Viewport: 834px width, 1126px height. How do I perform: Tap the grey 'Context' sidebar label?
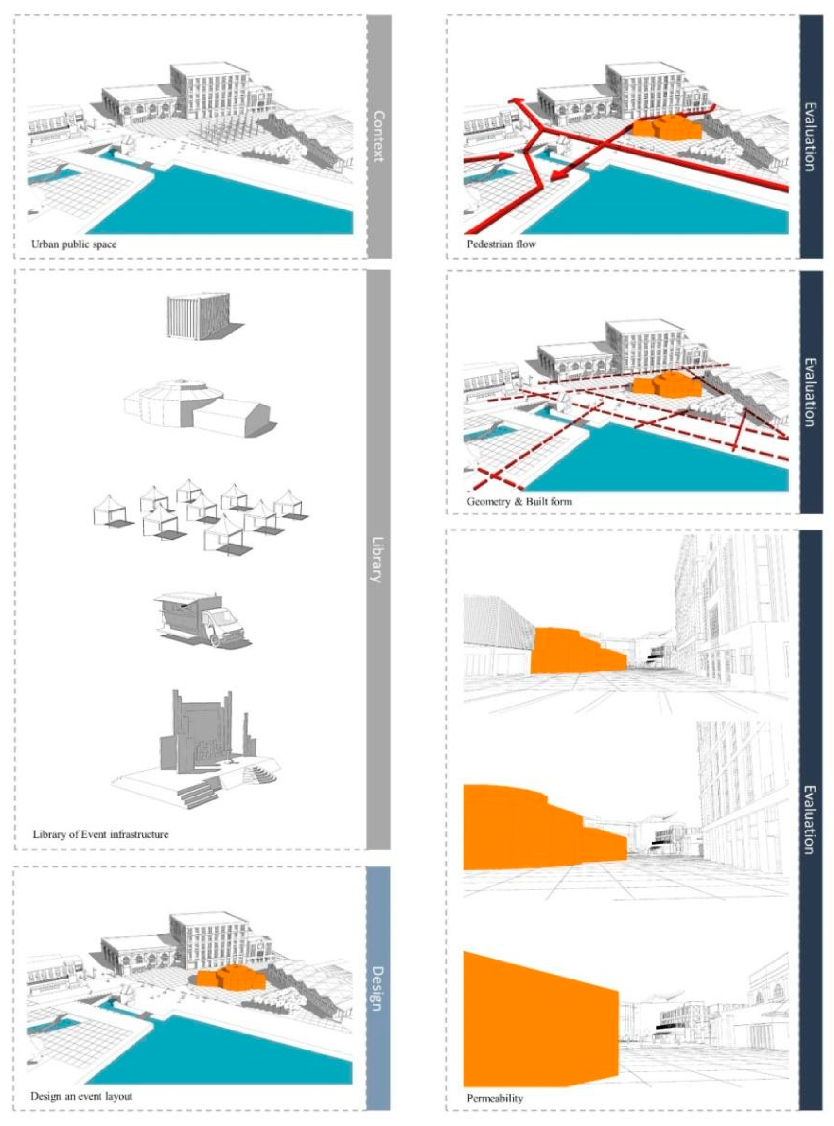[378, 136]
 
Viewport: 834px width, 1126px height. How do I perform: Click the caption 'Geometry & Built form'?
[519, 502]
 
